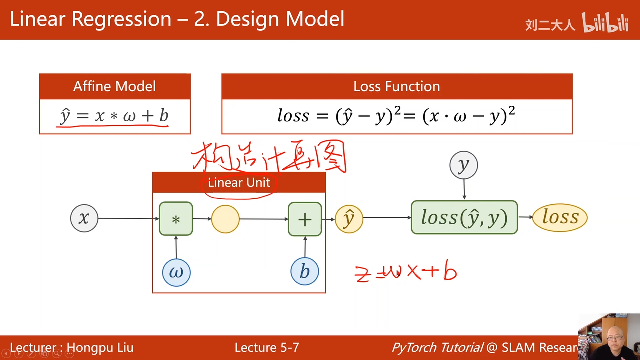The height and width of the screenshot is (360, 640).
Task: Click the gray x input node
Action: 84,218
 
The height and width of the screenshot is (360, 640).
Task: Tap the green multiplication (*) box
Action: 176,219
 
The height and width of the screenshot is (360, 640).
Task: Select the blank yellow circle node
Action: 225,219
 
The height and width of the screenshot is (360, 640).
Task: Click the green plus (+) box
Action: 305,219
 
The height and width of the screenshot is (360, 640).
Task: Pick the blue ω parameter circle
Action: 176,272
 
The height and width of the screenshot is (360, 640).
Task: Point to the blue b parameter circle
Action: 304,271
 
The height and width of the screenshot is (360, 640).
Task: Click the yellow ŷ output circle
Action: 349,219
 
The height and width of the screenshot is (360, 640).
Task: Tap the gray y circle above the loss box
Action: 464,165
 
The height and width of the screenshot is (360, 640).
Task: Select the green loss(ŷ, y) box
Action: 464,217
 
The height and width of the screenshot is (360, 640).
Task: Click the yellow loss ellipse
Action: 560,217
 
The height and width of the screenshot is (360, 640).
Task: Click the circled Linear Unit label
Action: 239,183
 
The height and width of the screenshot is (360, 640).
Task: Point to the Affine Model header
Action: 115,86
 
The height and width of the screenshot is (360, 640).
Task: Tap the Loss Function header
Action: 397,86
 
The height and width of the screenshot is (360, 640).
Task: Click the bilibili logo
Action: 605,23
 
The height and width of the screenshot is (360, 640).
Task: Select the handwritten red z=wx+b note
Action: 406,273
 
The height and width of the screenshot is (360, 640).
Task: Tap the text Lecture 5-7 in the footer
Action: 267,348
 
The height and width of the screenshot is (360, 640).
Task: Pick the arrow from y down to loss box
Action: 464,189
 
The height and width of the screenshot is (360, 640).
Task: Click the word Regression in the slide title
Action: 122,19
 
